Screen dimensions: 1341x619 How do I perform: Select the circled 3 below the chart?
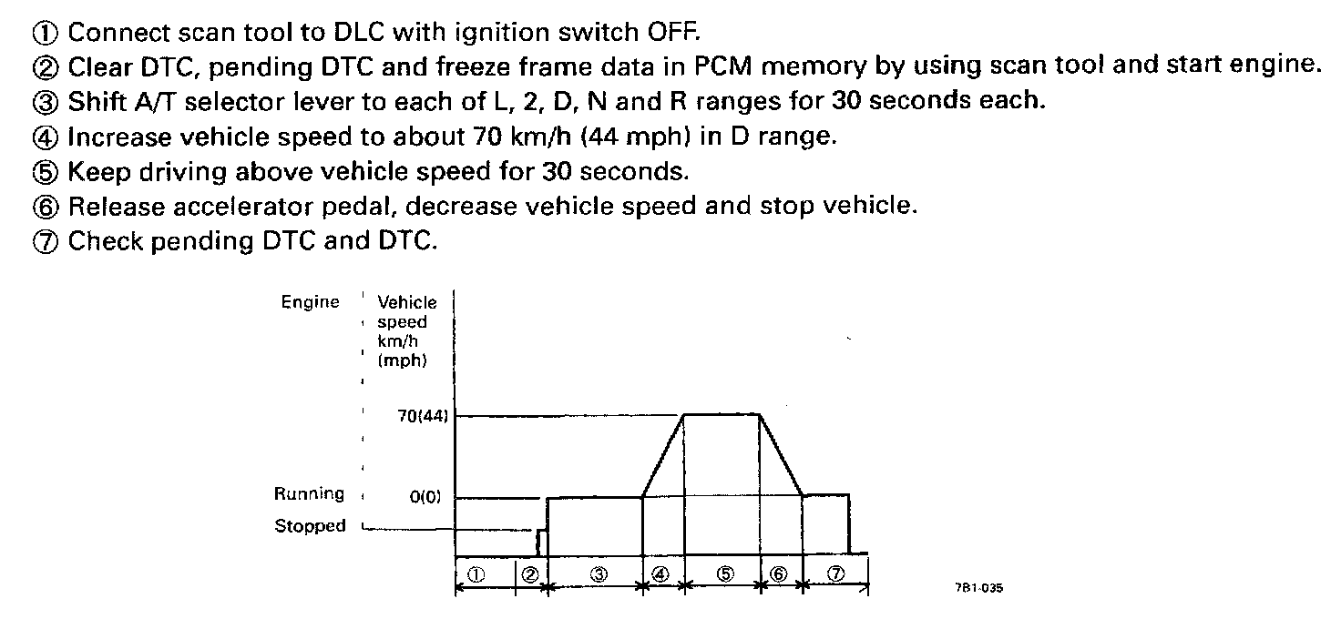599,573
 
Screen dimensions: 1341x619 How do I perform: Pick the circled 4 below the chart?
661,573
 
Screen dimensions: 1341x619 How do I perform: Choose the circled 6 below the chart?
779,573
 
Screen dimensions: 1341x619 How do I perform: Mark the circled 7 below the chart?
835,573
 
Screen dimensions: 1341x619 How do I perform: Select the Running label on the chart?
310,494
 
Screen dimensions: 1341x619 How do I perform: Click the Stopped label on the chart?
311,526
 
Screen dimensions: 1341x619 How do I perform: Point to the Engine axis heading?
310,302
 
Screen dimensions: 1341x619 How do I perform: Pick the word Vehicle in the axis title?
407,303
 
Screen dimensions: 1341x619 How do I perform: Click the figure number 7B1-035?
980,589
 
